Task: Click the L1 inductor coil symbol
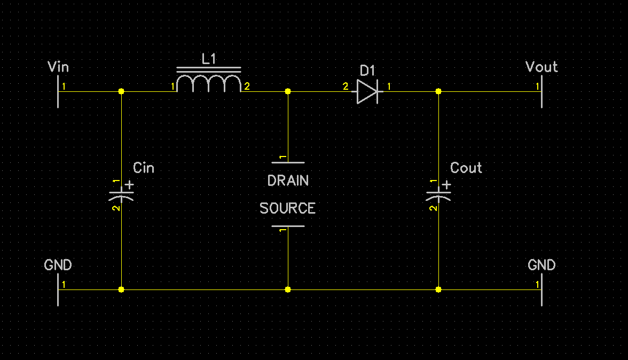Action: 209,83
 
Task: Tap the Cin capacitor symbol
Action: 121,193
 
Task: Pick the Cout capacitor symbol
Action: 438,193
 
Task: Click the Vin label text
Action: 58,67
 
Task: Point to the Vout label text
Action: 541,67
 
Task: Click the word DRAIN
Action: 288,181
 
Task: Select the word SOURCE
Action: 287,208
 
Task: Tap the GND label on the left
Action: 58,265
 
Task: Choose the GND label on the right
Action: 541,265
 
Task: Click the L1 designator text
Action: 209,59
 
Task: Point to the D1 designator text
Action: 367,71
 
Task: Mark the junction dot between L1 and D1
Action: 288,91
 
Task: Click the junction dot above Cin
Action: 121,91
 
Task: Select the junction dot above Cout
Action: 438,91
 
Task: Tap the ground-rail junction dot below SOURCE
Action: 288,289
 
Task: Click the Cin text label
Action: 143,168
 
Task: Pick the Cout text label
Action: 466,168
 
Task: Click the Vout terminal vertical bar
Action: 541,91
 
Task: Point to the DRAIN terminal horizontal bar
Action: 288,162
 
